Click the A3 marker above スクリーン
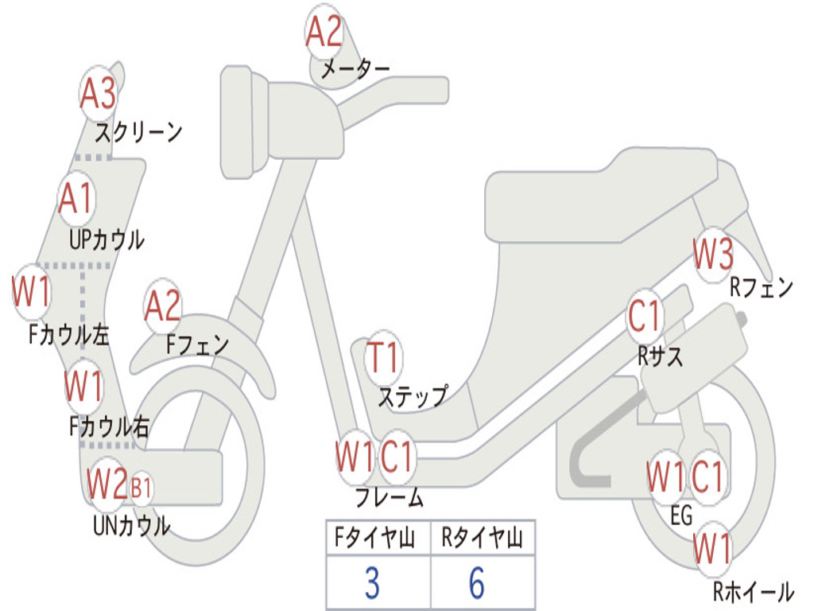pos(99,94)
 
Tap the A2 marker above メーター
pos(324,33)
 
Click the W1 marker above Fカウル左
pos(32,292)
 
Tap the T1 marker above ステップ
pos(384,358)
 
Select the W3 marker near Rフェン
pos(713,255)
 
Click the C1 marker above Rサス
pos(645,317)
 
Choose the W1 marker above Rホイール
pos(712,547)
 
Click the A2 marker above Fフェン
pos(163,306)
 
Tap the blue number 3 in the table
pos(372,583)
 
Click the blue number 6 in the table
pos(477,583)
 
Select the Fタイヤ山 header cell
pos(377,539)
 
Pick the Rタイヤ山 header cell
pos(482,539)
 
